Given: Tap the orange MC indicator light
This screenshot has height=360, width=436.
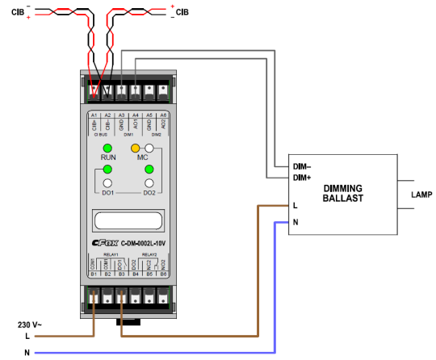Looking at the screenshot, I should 135,148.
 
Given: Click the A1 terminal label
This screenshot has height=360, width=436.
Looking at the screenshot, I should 94,115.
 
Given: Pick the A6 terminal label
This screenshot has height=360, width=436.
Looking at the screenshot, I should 163,115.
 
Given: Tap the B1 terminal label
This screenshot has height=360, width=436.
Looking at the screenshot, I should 94,274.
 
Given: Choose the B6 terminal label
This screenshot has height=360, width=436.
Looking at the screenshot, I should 163,274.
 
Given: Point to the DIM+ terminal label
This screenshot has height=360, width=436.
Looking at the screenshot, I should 302,177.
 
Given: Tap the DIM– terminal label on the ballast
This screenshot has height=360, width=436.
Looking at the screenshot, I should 302,165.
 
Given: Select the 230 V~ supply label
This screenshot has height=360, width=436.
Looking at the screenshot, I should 31,324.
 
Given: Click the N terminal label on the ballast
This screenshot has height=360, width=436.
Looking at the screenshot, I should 296,221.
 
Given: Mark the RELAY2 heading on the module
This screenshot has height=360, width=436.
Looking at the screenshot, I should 149,253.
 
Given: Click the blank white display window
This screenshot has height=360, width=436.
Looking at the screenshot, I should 128,220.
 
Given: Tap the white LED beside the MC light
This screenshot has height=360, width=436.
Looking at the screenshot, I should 149,148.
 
